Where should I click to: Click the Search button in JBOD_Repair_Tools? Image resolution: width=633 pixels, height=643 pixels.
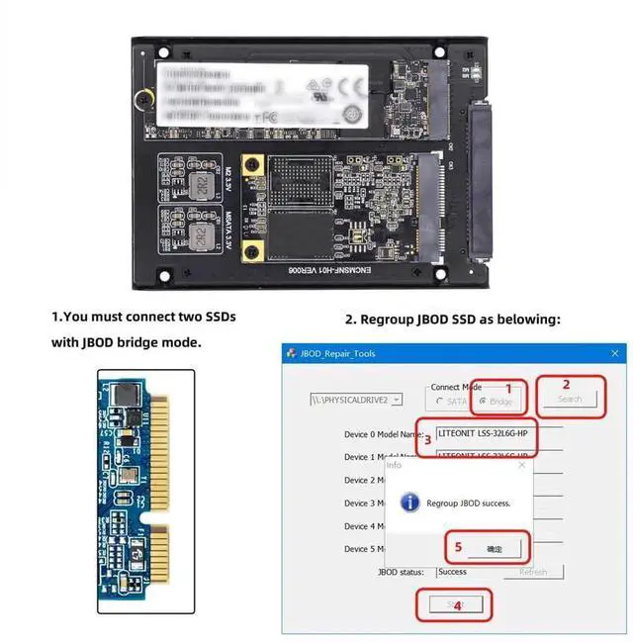570,400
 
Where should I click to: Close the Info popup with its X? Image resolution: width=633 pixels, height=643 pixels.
521,465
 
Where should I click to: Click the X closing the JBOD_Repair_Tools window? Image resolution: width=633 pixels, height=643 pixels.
614,353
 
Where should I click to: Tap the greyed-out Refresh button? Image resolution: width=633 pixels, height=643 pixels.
533,572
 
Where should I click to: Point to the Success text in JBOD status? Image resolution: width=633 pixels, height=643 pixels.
453,572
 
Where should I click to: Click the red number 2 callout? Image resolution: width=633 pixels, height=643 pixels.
566,385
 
